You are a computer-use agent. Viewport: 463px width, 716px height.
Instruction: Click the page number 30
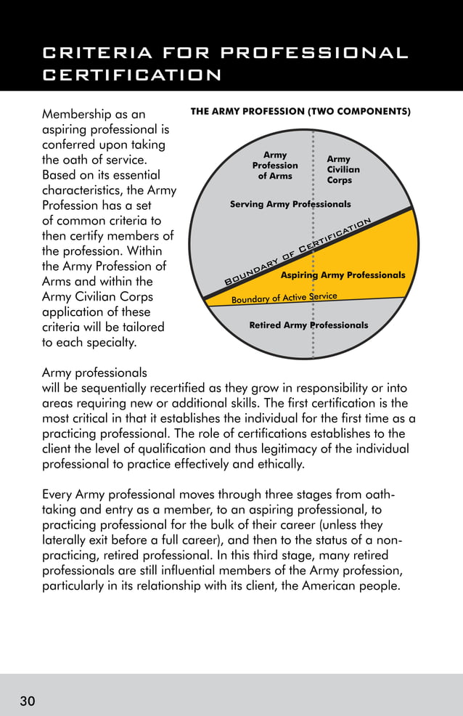tap(28, 701)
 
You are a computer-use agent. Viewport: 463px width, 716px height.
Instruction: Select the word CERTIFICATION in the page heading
tap(132, 76)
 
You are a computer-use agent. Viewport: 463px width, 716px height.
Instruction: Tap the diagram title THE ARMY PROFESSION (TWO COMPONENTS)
tap(300, 112)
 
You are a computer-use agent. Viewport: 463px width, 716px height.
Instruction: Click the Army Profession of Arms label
tap(275, 166)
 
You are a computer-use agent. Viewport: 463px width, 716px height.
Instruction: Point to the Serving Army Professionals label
tap(290, 205)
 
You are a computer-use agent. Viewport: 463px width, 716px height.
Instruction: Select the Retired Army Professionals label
tap(308, 325)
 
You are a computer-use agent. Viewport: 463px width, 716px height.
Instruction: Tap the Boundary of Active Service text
tap(284, 298)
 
